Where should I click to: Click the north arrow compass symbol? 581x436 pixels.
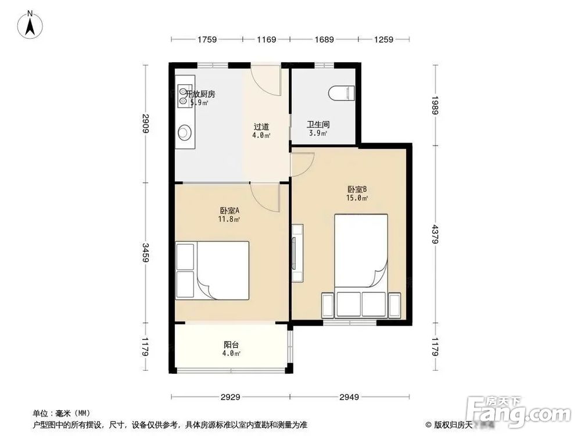30,24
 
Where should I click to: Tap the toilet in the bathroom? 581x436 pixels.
342,93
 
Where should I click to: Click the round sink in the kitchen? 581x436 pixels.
184,133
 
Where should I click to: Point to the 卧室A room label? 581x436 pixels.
229,210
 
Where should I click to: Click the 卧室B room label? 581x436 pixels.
357,190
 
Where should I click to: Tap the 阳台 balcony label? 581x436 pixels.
231,345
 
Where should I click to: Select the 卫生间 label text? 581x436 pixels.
318,124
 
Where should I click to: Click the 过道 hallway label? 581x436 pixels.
261,127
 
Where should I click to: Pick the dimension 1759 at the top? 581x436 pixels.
207,40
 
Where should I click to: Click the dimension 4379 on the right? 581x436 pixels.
435,234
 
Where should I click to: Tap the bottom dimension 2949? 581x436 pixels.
349,397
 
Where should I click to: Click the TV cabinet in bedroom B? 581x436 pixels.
297,253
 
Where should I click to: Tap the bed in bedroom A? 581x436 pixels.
212,270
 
